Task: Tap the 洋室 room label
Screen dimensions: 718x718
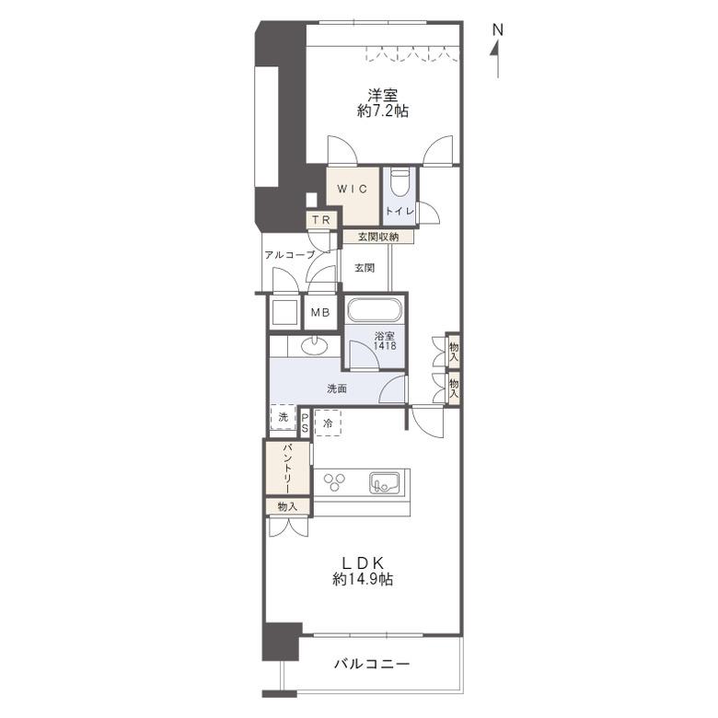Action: coord(383,95)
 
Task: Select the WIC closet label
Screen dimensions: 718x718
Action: coord(353,189)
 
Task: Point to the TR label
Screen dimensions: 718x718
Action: coord(321,220)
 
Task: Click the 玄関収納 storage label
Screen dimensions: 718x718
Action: coord(378,237)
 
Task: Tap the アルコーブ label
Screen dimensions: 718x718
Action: coord(290,255)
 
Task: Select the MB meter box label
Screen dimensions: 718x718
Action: coord(320,313)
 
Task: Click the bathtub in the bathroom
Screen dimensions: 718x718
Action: coord(374,310)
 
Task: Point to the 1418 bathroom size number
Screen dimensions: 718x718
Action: coord(385,346)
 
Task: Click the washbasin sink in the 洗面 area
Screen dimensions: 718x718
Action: coord(315,345)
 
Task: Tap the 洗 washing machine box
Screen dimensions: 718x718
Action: coord(283,417)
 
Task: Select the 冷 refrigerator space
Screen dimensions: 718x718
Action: coord(328,423)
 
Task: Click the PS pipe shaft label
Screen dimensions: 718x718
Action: coord(305,423)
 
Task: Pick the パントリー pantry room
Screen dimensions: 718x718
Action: coord(287,468)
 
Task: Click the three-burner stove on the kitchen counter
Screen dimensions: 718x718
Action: coord(335,481)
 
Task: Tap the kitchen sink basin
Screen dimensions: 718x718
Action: coord(384,482)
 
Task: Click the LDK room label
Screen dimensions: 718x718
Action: coord(363,562)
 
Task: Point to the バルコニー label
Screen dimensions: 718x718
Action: coord(371,664)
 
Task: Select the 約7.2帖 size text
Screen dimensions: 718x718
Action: coord(383,111)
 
